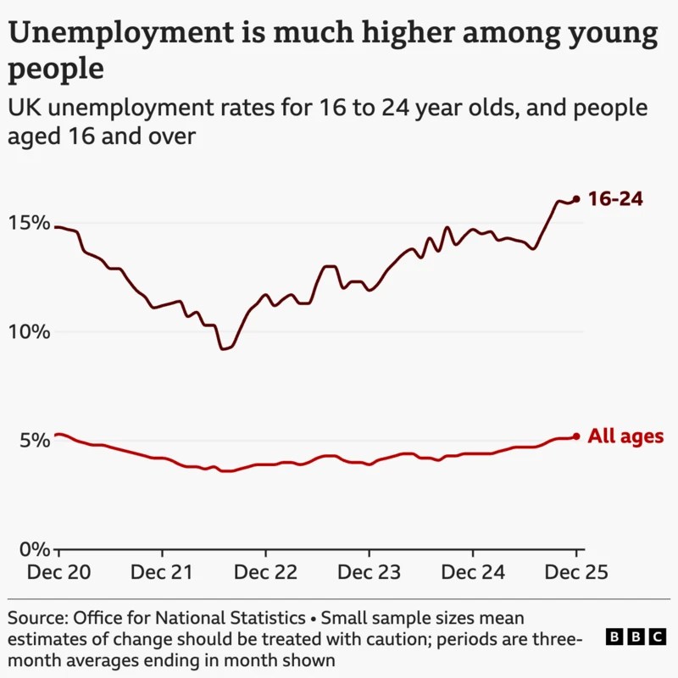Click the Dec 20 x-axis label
58,572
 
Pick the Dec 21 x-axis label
162,572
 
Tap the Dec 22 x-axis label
265,572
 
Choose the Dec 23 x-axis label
370,572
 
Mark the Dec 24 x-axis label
473,572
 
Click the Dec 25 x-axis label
576,572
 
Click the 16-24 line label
615,200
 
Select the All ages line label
625,437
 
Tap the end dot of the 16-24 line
576,199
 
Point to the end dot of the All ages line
576,436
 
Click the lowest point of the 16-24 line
224,348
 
